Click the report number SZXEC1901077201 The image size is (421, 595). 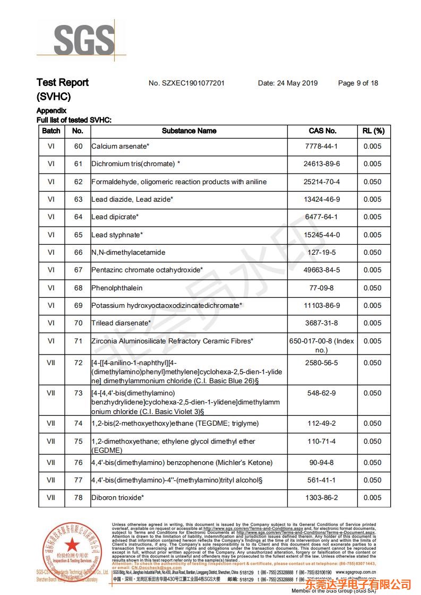pos(186,83)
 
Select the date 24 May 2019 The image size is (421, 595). pos(288,83)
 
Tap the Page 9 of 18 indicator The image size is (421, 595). pos(358,83)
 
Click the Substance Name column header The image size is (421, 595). pos(189,131)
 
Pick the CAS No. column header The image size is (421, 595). pos(322,131)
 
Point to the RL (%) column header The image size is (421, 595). pos(373,131)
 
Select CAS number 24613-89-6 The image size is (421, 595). pos(322,164)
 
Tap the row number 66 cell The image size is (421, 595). pos(78,252)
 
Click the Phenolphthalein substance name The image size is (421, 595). pos(117,288)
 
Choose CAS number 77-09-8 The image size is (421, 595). pos(322,288)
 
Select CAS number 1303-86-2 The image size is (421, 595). pos(322,498)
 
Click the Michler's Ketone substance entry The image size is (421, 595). pos(182,463)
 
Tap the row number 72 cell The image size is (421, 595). pos(78,363)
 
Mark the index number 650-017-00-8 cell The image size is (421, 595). pos(322,345)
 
